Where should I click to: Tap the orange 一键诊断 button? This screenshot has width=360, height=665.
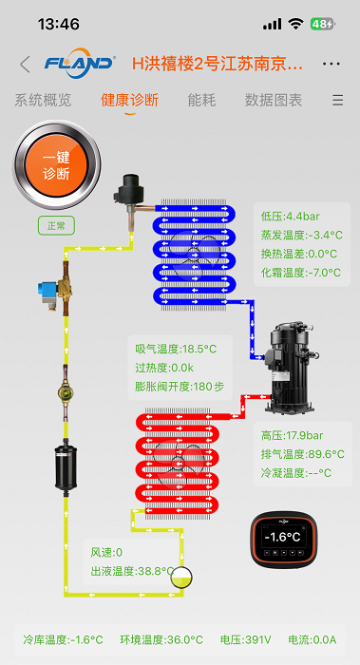click(x=56, y=165)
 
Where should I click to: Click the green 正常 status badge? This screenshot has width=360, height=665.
click(x=56, y=226)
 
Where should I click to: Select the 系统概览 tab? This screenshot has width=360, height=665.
click(x=43, y=101)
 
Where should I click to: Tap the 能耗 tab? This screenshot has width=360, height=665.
click(x=201, y=101)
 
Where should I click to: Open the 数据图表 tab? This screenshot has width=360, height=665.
click(x=274, y=101)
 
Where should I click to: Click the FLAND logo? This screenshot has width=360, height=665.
click(x=79, y=64)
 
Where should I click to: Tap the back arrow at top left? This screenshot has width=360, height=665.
click(x=25, y=64)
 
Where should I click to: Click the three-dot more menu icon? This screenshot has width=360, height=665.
click(x=332, y=64)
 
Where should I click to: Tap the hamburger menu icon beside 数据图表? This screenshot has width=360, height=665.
click(x=337, y=101)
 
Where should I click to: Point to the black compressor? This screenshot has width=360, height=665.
click(x=290, y=368)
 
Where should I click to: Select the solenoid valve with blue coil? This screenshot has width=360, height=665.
click(x=56, y=289)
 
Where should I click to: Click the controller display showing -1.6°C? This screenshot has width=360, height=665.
click(x=283, y=540)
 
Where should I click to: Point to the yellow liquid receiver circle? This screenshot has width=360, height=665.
click(x=181, y=578)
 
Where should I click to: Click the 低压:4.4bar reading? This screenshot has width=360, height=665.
click(x=291, y=217)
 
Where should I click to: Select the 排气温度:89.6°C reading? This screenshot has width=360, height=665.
click(x=303, y=454)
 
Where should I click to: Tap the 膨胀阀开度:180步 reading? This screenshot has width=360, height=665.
click(x=180, y=387)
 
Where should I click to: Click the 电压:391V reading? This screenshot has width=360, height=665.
click(x=246, y=640)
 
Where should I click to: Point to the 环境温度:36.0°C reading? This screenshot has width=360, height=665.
click(x=161, y=640)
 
